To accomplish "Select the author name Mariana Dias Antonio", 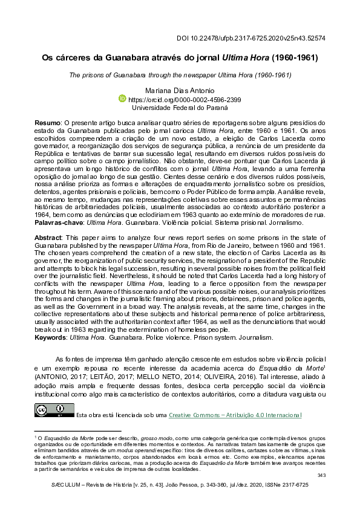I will pyautogui.click(x=180, y=89).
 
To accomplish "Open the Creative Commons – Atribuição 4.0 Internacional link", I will pyautogui.click(x=234, y=415).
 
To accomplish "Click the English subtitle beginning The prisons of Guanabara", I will pyautogui.click(x=180, y=75).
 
